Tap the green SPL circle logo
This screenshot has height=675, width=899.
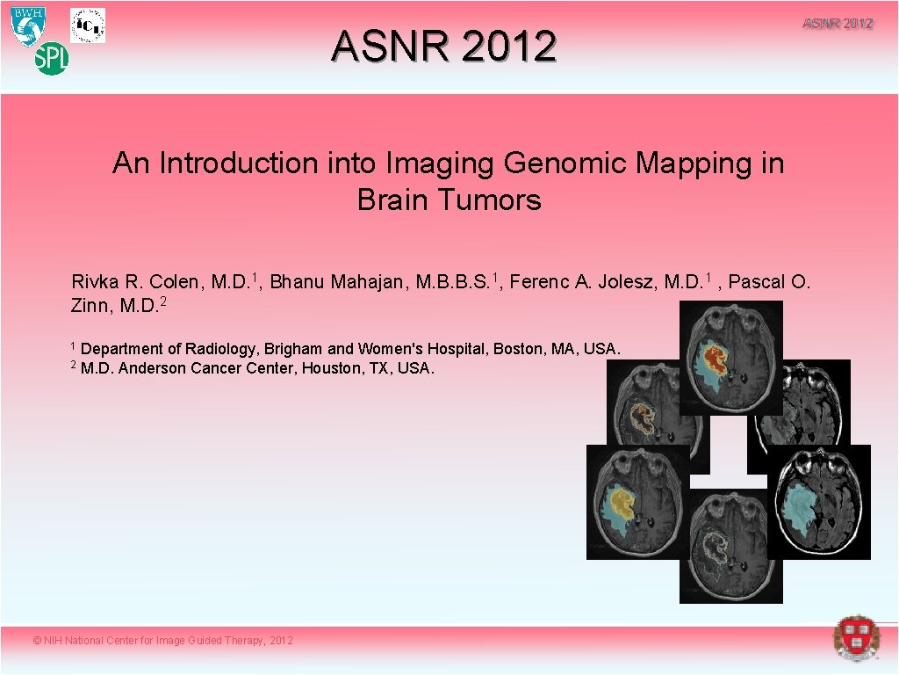pyautogui.click(x=51, y=60)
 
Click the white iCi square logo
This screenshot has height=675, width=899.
pyautogui.click(x=88, y=25)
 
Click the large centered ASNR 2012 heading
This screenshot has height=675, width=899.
pyautogui.click(x=443, y=47)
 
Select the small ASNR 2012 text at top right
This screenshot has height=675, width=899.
pyautogui.click(x=838, y=24)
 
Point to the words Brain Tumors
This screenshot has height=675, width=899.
pyautogui.click(x=449, y=200)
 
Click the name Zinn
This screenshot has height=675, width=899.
pyautogui.click(x=89, y=305)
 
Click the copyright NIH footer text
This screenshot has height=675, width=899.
pyautogui.click(x=162, y=641)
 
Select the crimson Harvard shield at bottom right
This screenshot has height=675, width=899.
pyautogui.click(x=855, y=638)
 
